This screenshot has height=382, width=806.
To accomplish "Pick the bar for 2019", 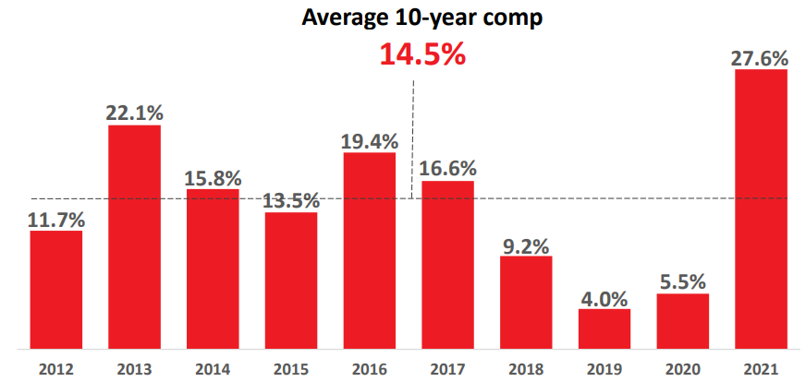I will pyautogui.click(x=604, y=329).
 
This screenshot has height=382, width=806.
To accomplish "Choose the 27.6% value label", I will pyautogui.click(x=761, y=58).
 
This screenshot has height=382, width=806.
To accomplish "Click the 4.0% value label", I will pyautogui.click(x=604, y=298).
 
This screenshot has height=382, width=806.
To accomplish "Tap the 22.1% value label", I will pyautogui.click(x=134, y=113).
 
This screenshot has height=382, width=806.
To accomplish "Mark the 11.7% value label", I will pyautogui.click(x=56, y=220).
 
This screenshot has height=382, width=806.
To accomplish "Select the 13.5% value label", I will pyautogui.click(x=291, y=200).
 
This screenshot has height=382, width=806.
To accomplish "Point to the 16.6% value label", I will pyautogui.click(x=448, y=169).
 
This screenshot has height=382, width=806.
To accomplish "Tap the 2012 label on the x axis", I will pyautogui.click(x=56, y=369).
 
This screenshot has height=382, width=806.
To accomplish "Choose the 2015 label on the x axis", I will pyautogui.click(x=291, y=369).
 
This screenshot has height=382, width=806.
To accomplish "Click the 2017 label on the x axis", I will pyautogui.click(x=448, y=369).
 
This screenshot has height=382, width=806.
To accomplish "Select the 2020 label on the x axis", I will pyautogui.click(x=683, y=369).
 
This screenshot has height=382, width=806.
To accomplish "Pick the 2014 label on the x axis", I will pyautogui.click(x=213, y=369).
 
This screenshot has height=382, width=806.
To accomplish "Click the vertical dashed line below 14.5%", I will pyautogui.click(x=412, y=138).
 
